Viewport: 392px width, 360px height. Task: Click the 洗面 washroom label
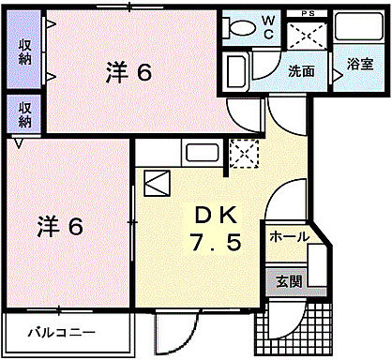tap(300, 69)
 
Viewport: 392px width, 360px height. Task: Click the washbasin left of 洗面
tap(236, 70)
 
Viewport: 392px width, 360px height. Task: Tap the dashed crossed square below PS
tap(307, 37)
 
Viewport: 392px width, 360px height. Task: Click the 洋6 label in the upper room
tap(127, 70)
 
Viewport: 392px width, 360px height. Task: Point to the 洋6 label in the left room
tap(60, 226)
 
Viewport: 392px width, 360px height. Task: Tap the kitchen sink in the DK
tap(201, 153)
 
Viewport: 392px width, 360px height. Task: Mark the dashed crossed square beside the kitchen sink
tap(241, 153)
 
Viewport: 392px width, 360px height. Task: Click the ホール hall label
tap(289, 237)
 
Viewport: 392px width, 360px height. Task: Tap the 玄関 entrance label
tap(288, 279)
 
